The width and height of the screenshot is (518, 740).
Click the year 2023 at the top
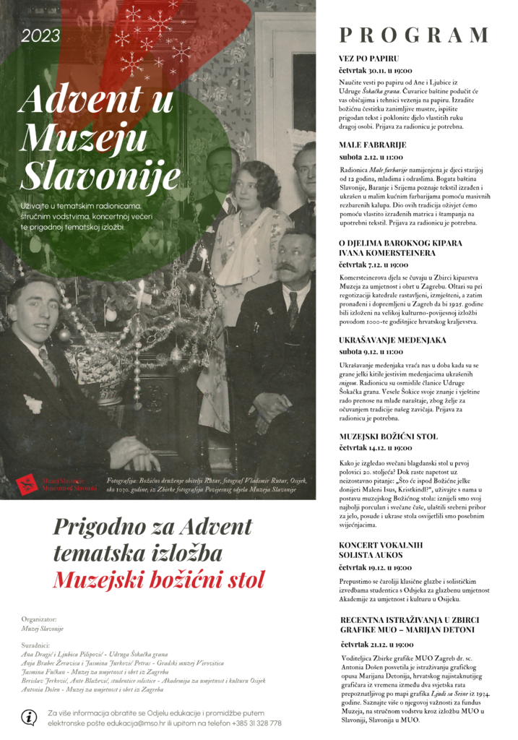pos(40,35)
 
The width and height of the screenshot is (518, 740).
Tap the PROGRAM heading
pos(414,35)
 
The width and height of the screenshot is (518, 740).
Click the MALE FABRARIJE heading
pos(372,145)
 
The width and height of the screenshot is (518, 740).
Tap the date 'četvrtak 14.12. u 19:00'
pos(376,448)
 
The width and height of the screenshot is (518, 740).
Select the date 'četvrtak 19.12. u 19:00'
pos(376,568)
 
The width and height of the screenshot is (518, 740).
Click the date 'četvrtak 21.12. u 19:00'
pos(376,645)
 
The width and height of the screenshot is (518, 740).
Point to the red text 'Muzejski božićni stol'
pos(159,579)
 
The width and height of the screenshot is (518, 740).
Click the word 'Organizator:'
pos(40,619)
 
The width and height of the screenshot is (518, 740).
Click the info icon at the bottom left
pos(29,718)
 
